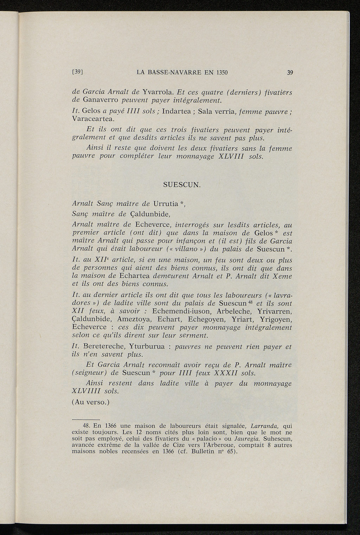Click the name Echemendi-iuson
pos(181,311)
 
